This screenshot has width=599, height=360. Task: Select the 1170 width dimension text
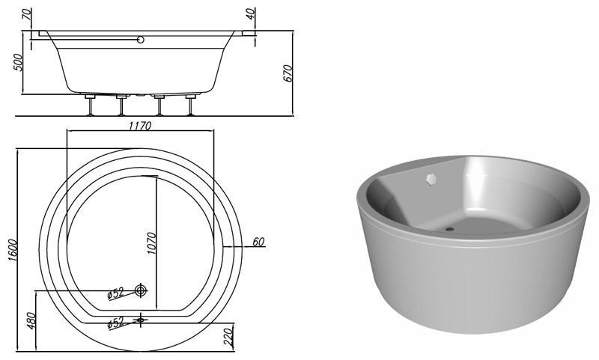[140, 126]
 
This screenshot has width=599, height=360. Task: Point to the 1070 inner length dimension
[151, 243]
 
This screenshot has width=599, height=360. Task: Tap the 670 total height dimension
[288, 73]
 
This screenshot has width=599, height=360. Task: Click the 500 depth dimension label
[18, 62]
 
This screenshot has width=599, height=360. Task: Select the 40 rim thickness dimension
[250, 14]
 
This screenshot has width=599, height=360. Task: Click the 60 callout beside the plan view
[258, 242]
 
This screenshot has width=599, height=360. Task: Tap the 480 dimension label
[31, 320]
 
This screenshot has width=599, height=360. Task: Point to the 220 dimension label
[228, 336]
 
